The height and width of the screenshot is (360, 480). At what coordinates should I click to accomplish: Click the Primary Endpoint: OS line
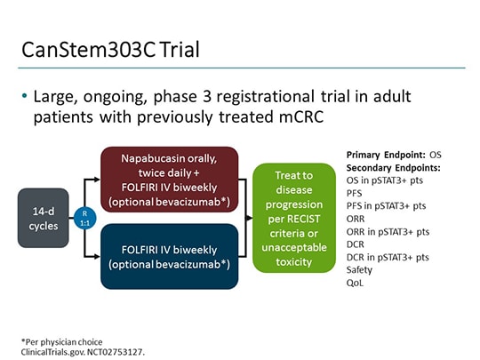click(393, 155)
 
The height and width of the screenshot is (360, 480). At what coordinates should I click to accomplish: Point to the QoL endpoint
click(354, 282)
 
